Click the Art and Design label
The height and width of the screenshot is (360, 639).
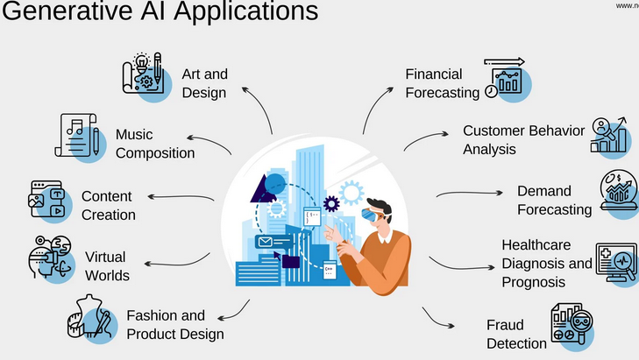click(x=204, y=82)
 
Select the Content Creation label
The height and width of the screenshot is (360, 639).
click(x=109, y=205)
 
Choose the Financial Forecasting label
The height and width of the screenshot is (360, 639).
click(x=442, y=82)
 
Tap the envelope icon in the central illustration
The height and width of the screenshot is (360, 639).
click(x=264, y=241)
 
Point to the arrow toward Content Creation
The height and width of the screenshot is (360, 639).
click(x=181, y=198)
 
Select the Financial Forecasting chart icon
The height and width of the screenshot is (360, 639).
click(x=507, y=79)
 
